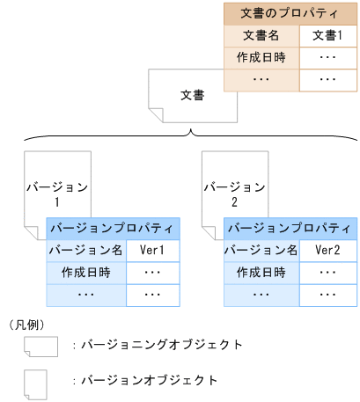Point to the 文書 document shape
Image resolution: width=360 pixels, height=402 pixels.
point(192,94)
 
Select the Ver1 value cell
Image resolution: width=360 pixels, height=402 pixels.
point(153,250)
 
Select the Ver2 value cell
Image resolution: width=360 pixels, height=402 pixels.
point(329,250)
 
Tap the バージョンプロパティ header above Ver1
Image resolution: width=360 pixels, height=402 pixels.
point(114,228)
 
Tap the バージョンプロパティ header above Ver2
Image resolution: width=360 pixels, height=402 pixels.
point(290,228)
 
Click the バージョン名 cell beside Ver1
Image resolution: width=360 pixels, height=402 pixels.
point(86,250)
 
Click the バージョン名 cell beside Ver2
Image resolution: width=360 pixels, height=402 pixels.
point(262,250)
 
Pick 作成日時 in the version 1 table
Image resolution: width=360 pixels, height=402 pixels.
point(86,272)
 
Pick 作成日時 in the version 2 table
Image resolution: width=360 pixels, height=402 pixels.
point(262,272)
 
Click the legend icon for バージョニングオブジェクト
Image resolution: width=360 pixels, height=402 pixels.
point(40,346)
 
